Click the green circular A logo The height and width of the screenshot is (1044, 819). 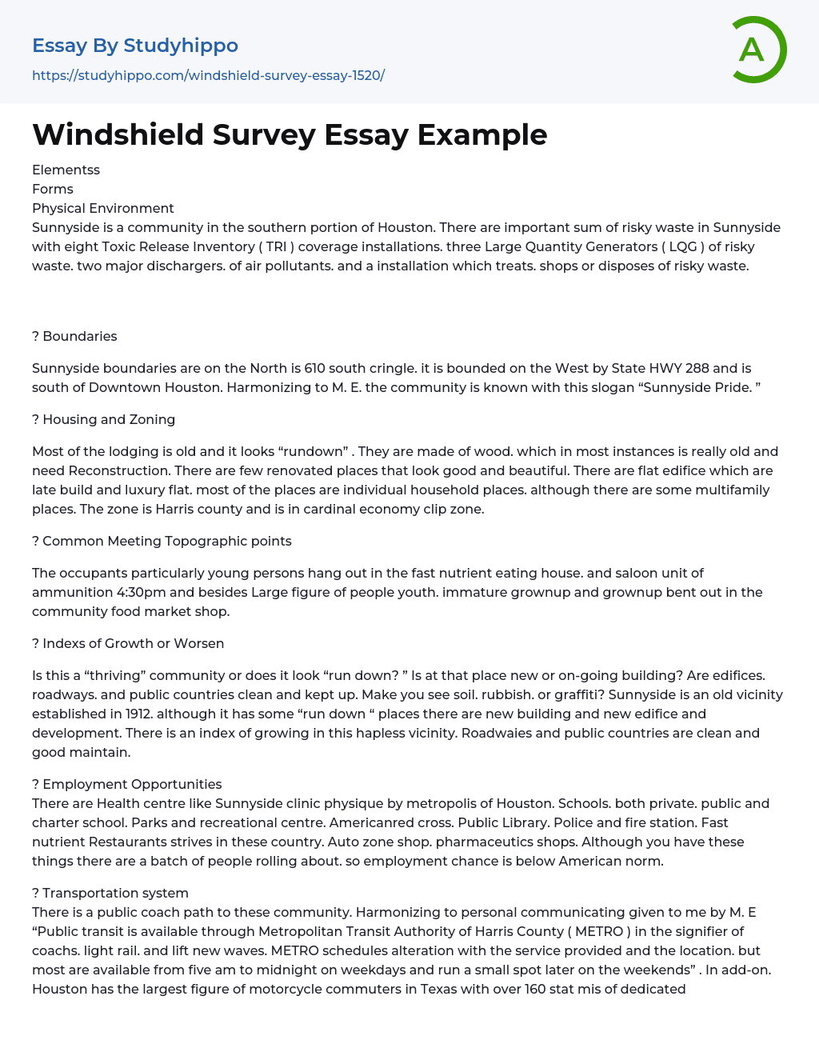tap(758, 50)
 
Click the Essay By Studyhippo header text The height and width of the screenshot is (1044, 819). tap(135, 46)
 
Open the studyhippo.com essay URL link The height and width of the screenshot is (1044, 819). tap(208, 75)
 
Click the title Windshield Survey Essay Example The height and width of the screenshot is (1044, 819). tap(290, 134)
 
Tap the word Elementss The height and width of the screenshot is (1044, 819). tap(66, 170)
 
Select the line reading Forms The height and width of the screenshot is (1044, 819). tap(53, 189)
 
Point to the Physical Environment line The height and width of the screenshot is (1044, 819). tap(102, 208)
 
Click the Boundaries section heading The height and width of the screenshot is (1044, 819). tap(79, 336)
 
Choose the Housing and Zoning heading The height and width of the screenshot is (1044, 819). tap(109, 419)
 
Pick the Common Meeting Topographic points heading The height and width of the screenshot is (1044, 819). tap(166, 541)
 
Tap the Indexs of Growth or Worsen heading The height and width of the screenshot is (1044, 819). tap(133, 643)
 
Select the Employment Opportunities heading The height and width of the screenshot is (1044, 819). tap(132, 784)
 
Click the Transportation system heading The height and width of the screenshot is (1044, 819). tap(115, 893)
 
